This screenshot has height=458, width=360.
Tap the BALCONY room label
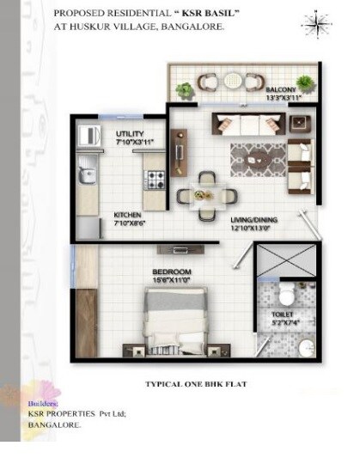280,89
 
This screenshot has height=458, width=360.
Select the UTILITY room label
129,134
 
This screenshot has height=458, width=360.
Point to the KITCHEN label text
128,215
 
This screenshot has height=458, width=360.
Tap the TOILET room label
283,315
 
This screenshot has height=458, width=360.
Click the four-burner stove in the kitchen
156,180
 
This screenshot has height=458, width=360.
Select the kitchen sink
87,175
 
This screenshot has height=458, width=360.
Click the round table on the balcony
233,82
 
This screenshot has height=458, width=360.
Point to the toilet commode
287,296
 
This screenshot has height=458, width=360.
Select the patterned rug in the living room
258,159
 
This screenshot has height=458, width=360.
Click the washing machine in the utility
88,136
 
